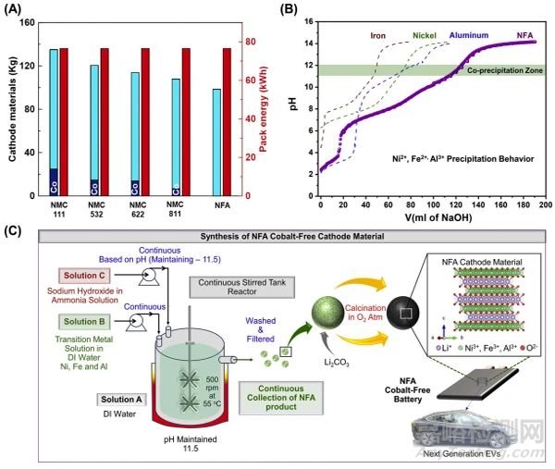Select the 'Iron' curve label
[378, 38]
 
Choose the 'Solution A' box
[118, 399]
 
